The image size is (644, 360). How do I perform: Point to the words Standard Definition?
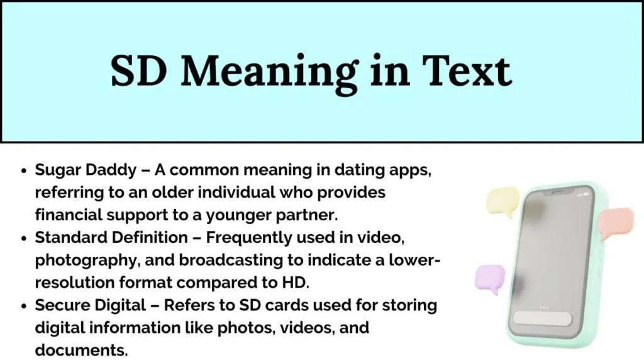pyautogui.click(x=111, y=237)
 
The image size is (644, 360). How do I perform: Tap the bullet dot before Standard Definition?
pyautogui.click(x=24, y=238)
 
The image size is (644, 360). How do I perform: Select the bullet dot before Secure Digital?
pyautogui.click(x=24, y=306)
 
